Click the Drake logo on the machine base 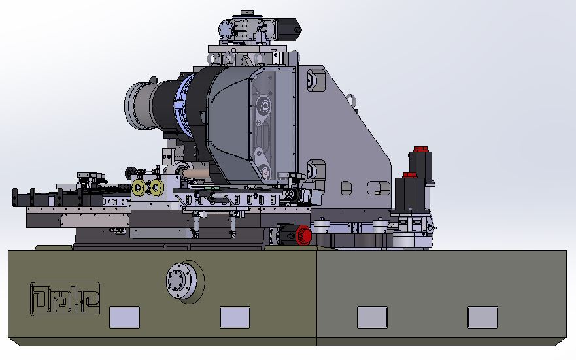(65, 299)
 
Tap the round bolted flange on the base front (182, 281)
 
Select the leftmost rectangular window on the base (124, 318)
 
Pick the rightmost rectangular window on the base (483, 318)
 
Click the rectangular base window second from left (235, 318)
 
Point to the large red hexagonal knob (304, 235)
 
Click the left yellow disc (139, 188)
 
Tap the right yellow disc (156, 188)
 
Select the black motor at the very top (289, 27)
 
